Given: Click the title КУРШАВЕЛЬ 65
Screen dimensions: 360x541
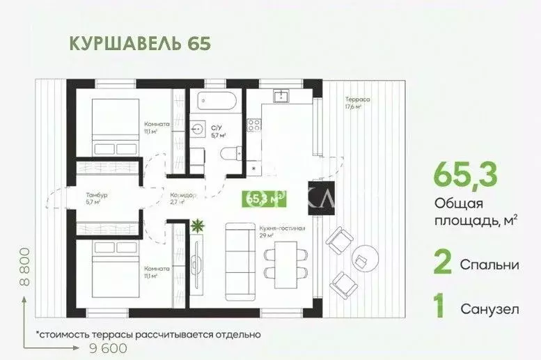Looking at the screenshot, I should click(x=139, y=42).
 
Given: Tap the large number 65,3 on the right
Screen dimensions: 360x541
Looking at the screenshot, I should click(x=467, y=175).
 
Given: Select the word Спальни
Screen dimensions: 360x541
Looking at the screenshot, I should click(x=489, y=265).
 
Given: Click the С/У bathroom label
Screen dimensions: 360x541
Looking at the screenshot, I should click(x=216, y=127).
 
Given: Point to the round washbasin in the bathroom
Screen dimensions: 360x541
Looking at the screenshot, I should click(x=197, y=128).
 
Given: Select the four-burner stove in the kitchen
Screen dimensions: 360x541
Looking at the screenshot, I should click(x=255, y=125).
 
